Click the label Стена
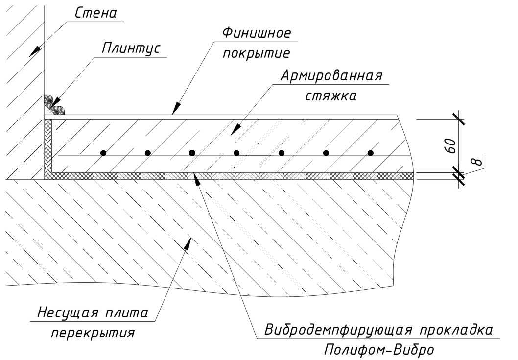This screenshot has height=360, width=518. [x=96, y=13]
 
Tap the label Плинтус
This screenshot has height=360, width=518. [x=131, y=48]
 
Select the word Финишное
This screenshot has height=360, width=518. [x=257, y=33]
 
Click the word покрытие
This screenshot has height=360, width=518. [x=257, y=53]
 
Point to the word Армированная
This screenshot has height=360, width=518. [x=331, y=76]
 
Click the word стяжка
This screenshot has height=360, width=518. [x=331, y=96]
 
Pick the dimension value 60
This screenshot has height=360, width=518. [x=450, y=146]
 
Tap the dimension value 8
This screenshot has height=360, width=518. [x=477, y=162]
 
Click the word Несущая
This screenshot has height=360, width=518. [x=68, y=312]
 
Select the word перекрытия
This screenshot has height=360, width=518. [x=93, y=333]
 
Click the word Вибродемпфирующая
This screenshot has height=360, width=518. [x=338, y=330]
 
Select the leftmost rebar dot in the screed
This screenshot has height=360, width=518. [x=103, y=153]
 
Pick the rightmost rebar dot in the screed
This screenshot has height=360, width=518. [x=371, y=153]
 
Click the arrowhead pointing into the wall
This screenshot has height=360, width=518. [x=35, y=51]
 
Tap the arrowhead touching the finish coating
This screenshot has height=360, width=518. [x=177, y=108]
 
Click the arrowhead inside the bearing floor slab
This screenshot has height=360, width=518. [x=188, y=244]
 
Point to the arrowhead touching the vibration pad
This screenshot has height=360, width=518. [x=196, y=179]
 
